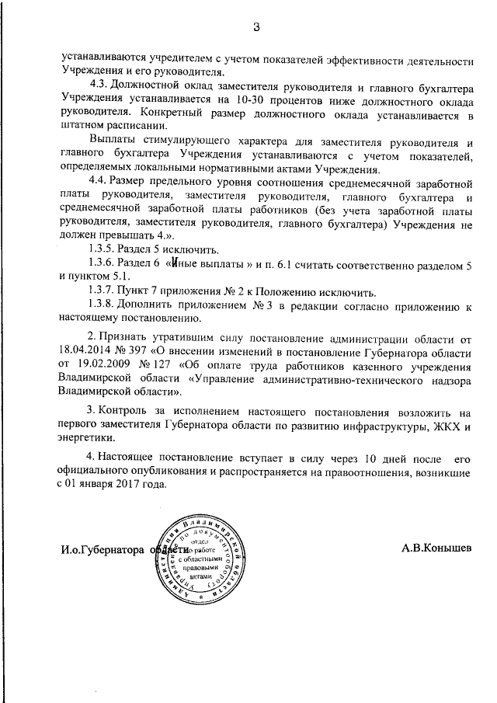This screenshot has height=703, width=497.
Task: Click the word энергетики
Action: pos(89,440)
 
